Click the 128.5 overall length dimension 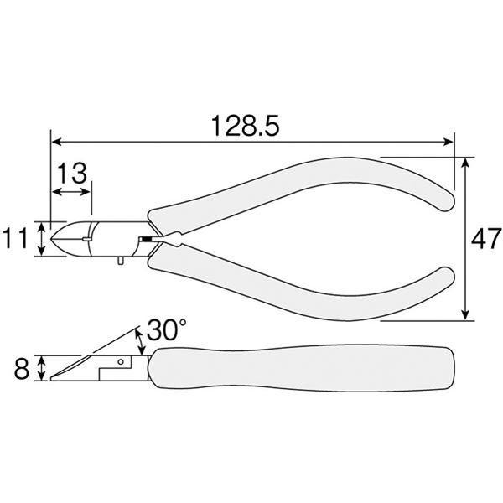[245, 126]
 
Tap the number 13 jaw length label [72, 174]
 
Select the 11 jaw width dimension [15, 239]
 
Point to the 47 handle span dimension [485, 239]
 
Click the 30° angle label [167, 330]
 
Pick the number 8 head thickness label [22, 369]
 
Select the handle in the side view [303, 368]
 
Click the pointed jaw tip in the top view [52, 239]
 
